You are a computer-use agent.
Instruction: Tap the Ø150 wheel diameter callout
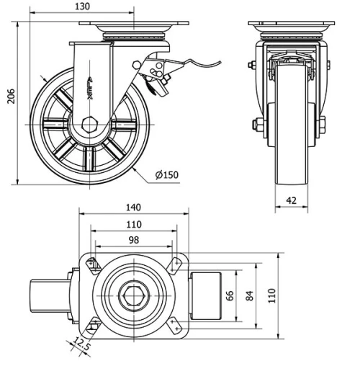[x=167, y=174]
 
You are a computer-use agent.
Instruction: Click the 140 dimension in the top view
[x=132, y=207]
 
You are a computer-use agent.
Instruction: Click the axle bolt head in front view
[x=257, y=124]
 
